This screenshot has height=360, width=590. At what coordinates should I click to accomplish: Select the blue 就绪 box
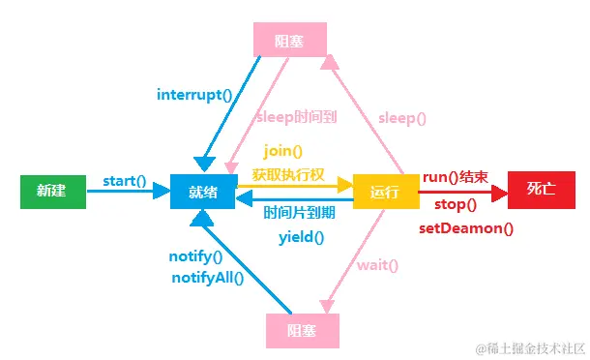click(203, 192)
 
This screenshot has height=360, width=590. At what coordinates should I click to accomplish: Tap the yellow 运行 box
click(384, 192)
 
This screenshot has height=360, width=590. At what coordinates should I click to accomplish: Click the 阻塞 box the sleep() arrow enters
click(289, 39)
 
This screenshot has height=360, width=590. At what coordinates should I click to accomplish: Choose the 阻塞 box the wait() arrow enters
click(303, 330)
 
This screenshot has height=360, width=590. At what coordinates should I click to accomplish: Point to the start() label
click(124, 180)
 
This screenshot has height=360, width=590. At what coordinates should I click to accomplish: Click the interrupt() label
click(195, 95)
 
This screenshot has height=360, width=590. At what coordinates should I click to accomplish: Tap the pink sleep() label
click(402, 118)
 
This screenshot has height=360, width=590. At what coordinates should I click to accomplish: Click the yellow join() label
click(282, 151)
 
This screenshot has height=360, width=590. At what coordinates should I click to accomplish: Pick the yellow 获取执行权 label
click(288, 174)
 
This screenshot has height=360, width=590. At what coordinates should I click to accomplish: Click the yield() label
click(302, 236)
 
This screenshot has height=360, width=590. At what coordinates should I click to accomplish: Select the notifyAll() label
click(208, 278)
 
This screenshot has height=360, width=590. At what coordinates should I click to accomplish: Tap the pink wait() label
click(378, 264)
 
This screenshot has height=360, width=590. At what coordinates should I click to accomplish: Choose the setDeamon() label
click(466, 228)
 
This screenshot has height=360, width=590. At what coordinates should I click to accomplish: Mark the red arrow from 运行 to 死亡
click(464, 192)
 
